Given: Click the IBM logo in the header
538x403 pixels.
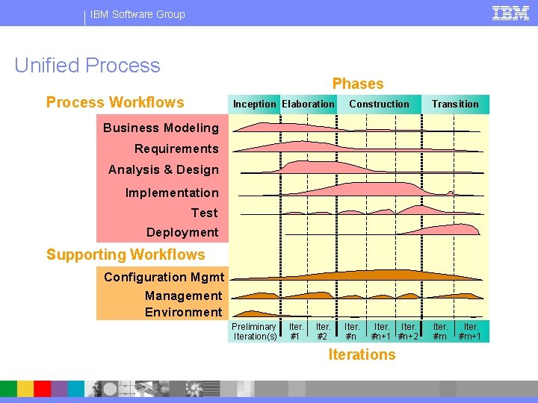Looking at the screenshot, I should [x=511, y=13].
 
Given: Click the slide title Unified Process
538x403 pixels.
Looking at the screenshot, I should [x=87, y=66].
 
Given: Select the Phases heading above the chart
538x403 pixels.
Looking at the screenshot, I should [x=358, y=84].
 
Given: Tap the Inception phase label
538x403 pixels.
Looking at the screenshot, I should [x=254, y=104].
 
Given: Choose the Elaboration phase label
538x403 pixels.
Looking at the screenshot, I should [x=308, y=104].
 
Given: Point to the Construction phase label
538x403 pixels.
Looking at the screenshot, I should [x=379, y=104].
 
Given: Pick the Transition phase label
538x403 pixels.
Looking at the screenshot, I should [x=455, y=104].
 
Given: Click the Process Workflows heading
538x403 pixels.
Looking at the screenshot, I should [x=115, y=103].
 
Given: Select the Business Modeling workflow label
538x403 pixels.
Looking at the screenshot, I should [x=161, y=128].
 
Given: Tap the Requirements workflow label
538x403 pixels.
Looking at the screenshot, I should [x=176, y=149].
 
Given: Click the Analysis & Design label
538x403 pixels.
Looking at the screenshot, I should [x=164, y=169].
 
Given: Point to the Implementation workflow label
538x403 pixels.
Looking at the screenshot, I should [x=172, y=193].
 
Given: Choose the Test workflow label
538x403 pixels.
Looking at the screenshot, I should [x=205, y=213].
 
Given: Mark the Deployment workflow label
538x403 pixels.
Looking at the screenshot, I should [x=182, y=232].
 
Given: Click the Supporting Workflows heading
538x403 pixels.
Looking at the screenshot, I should [x=126, y=254].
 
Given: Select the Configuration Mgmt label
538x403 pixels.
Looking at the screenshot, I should [x=163, y=277].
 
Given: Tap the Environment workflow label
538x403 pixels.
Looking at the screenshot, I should [x=184, y=312].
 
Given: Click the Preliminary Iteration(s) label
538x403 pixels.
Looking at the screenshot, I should [x=254, y=331].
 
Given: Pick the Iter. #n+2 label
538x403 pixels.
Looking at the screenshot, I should [x=409, y=331].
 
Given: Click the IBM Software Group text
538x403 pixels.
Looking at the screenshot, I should [x=137, y=14].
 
